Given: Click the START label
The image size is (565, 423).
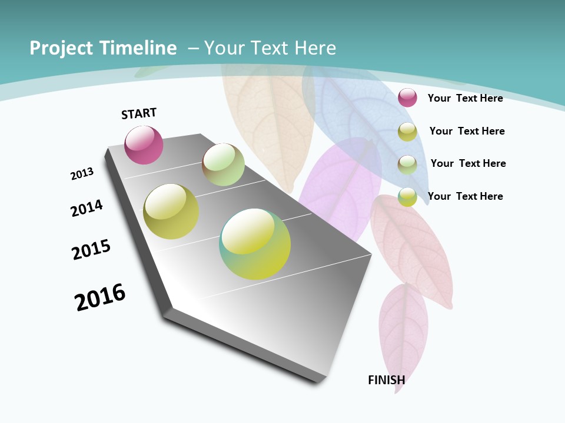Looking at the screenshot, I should tap(139, 113).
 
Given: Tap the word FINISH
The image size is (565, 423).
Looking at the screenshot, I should tap(386, 380).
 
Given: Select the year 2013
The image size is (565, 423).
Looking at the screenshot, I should tap(82, 174).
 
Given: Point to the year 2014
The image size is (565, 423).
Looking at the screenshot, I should tap(87, 208).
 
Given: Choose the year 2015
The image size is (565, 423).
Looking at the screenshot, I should tap(91, 250).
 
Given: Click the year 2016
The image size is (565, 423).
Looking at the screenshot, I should tap(100, 297).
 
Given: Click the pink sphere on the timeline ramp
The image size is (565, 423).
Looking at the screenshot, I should tap(144, 145).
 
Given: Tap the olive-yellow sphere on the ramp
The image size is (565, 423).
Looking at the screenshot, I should tap(171, 211).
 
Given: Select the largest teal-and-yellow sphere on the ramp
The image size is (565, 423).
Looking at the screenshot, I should tap(255, 244).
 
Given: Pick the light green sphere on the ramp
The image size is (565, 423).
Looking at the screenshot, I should tap(223, 164).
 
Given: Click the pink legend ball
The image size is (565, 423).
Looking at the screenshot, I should tap(407, 98).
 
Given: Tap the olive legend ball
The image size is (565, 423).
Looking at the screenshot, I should tap(407, 132).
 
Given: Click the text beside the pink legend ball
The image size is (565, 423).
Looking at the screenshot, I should tap(465, 98).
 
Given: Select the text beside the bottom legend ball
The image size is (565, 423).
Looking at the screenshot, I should tap(465, 196).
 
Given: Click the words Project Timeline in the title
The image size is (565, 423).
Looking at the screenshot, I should tap(103, 48).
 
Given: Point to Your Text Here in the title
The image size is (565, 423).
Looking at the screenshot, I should tap(270, 48).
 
